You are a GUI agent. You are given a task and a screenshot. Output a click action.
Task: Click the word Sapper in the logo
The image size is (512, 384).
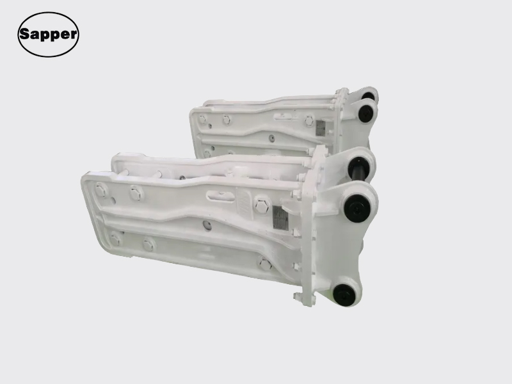point(49,35)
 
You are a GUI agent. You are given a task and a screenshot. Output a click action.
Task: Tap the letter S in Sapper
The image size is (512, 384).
point(24,33)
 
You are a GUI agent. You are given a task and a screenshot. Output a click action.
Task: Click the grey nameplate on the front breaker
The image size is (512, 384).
point(280,218)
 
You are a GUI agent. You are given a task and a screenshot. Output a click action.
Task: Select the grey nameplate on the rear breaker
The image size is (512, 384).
point(320,128)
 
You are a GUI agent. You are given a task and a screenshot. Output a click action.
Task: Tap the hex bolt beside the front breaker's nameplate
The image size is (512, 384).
point(262,206)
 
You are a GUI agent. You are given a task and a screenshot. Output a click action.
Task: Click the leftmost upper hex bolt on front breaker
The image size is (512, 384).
point(100,190)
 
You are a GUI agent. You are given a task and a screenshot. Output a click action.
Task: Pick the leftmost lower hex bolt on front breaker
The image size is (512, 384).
point(115,239)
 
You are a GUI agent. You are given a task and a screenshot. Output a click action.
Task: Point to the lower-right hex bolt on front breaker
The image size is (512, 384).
point(265,264)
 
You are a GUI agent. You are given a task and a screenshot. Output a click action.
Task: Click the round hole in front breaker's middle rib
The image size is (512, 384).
point(207,225)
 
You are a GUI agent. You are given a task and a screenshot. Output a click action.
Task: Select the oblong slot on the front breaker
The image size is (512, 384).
point(221,196)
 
